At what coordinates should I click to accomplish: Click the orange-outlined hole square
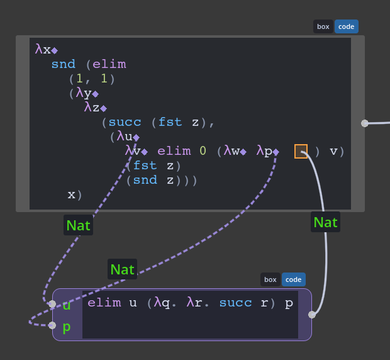tap(301, 151)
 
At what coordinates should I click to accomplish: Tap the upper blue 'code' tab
tap(346, 26)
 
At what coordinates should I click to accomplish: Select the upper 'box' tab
tap(323, 26)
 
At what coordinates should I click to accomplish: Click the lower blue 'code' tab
tap(294, 279)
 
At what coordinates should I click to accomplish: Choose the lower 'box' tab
tap(270, 279)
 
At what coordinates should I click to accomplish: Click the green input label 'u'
tap(67, 305)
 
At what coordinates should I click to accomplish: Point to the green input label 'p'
tap(67, 327)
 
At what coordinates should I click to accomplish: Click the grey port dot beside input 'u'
tap(52, 304)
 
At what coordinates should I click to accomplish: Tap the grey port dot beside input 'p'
tap(52, 325)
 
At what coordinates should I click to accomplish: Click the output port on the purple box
tap(312, 315)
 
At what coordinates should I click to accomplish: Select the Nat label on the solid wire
tap(325, 222)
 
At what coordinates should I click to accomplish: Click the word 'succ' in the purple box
tap(235, 303)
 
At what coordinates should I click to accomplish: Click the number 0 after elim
tap(203, 151)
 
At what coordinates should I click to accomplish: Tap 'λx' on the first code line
tap(43, 49)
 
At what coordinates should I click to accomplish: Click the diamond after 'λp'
tap(276, 152)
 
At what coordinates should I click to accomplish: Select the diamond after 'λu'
tap(136, 137)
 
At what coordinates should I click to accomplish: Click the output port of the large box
tap(365, 123)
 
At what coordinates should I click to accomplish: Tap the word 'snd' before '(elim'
tap(64, 64)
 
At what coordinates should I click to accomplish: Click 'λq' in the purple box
tap(162, 303)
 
